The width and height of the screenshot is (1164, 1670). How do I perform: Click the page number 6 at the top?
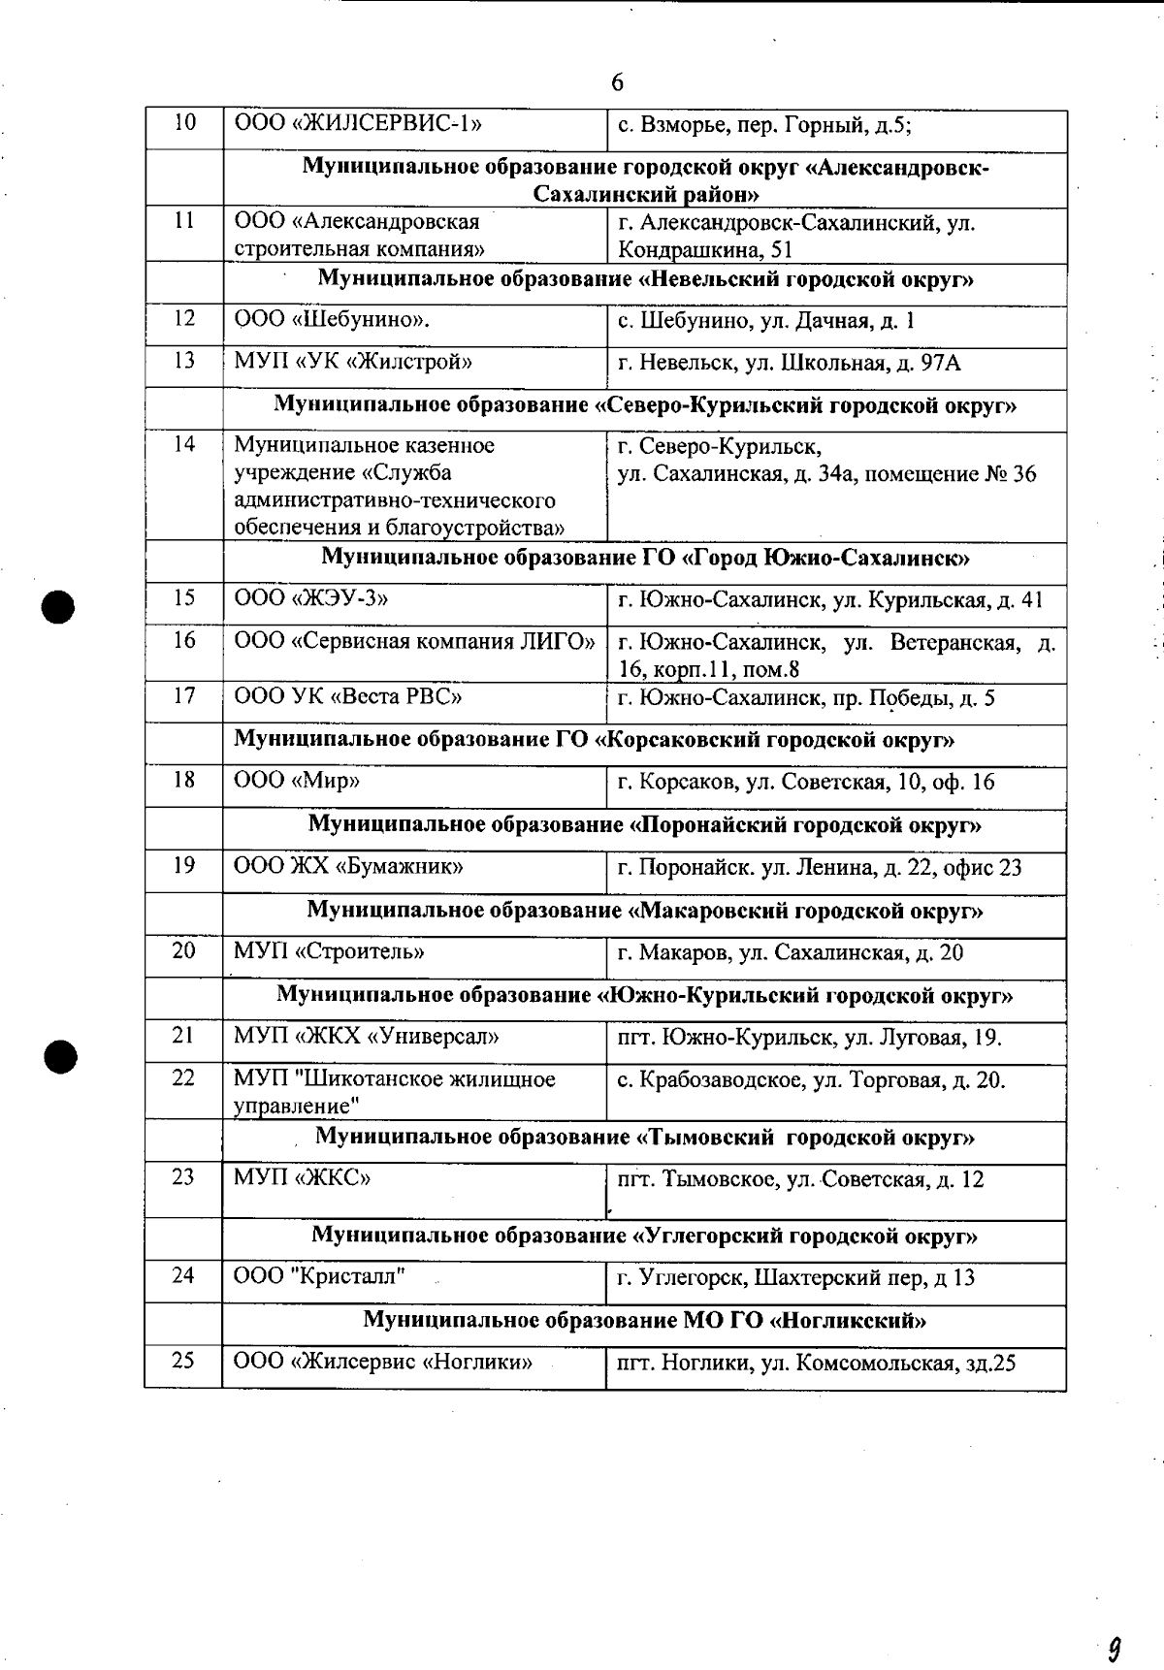pos(618,82)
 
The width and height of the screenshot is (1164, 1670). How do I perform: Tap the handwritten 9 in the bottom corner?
pos(1115,1622)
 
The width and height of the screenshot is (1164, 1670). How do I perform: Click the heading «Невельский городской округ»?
pos(645,280)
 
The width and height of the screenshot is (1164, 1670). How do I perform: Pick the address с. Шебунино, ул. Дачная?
pos(765,321)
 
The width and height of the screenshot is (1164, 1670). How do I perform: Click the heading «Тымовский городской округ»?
pos(645,1137)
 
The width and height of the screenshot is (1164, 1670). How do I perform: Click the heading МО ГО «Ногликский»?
pos(645,1320)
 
